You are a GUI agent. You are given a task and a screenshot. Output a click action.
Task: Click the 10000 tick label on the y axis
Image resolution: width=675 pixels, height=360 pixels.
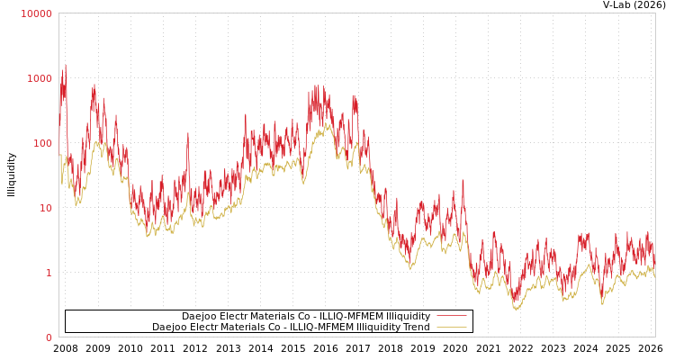(37, 13)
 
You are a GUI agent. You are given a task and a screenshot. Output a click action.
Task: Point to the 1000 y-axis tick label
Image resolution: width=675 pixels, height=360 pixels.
(40, 78)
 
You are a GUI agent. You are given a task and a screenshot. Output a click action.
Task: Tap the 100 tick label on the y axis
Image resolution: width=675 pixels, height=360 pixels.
(42, 143)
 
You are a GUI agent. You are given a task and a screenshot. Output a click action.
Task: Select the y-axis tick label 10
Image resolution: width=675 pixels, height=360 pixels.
(45, 208)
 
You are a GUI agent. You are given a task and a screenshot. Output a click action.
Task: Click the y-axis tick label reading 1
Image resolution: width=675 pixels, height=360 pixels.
(49, 273)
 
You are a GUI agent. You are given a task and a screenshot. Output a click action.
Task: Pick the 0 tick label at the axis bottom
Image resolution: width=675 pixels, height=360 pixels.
(49, 337)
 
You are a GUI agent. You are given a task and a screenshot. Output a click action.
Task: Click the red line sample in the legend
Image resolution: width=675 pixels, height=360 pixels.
(451, 316)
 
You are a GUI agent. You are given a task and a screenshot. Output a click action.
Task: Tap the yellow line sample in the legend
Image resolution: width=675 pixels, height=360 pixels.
(451, 327)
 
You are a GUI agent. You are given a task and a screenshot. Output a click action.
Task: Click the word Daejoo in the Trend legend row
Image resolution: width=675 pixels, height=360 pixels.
(169, 327)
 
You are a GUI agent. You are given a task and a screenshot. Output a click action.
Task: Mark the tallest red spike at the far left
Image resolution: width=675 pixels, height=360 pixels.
(66, 65)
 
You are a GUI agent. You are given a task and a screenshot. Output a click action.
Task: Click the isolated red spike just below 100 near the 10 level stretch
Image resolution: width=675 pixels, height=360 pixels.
(188, 133)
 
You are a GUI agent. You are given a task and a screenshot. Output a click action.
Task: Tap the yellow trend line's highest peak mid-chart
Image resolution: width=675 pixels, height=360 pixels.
(328, 124)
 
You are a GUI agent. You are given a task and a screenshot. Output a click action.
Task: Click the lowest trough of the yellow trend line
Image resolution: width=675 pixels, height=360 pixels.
(516, 310)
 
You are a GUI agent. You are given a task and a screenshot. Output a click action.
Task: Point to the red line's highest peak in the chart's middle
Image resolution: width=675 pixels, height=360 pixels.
(315, 85)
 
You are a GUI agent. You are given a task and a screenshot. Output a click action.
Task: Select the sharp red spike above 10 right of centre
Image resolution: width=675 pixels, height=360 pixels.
(463, 179)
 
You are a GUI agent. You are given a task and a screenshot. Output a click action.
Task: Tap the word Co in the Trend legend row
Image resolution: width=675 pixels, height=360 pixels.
(277, 327)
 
